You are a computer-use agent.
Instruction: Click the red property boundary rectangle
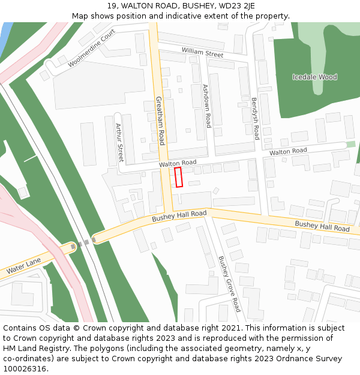tap(178, 177)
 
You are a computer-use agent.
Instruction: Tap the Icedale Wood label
tap(314, 77)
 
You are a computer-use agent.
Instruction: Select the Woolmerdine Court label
tap(91, 48)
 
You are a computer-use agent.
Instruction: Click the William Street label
tap(202, 53)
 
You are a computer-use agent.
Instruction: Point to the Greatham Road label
tap(160, 121)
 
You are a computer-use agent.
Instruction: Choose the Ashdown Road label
tap(206, 106)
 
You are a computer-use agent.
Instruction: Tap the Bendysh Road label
tap(255, 118)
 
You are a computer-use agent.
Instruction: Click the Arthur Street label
tap(119, 143)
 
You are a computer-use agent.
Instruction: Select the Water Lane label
tap(24, 266)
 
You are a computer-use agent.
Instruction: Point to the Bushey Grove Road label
tap(229, 284)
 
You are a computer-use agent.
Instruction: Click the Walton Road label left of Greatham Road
tap(178, 163)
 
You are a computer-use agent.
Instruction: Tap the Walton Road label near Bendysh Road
tap(288, 152)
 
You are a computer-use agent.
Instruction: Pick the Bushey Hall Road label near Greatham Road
tap(179, 217)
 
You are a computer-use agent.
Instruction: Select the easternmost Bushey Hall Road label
tap(322, 226)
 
